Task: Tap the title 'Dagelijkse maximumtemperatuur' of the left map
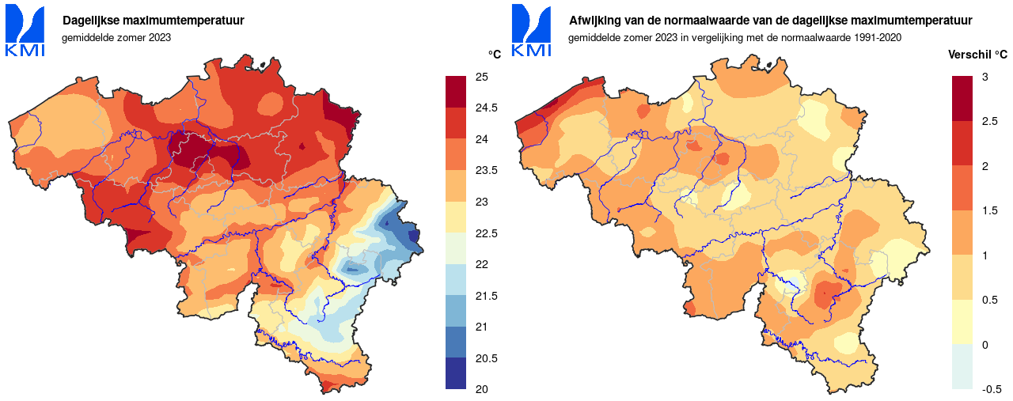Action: coord(154,21)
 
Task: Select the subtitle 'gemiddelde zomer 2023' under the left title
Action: coord(116,37)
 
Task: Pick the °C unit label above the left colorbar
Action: coord(494,55)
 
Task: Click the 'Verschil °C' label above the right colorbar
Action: coord(977,55)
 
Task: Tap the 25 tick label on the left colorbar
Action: coord(481,77)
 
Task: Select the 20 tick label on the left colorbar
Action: coord(481,389)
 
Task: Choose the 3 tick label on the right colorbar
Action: coord(985,77)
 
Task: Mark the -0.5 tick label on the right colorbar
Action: coord(992,389)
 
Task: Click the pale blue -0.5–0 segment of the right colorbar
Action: coord(962,367)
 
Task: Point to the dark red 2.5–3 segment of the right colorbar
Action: coord(962,98)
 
